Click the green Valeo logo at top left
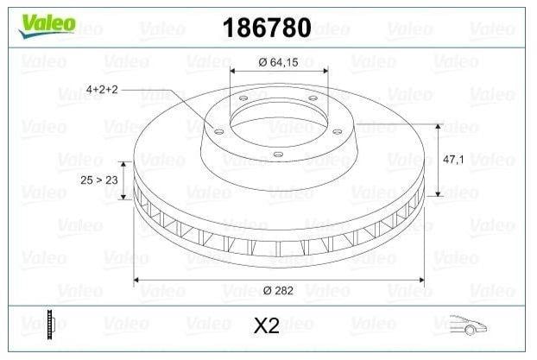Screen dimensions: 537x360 [x=47, y=26]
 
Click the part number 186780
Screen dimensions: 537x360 [x=267, y=28]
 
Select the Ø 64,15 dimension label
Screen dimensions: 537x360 [x=278, y=62]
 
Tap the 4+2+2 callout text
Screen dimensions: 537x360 [x=102, y=90]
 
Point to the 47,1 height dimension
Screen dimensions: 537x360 [x=453, y=159]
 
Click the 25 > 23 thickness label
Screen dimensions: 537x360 [x=99, y=180]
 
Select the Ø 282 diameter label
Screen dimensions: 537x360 [x=278, y=290]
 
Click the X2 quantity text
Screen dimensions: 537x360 [x=267, y=325]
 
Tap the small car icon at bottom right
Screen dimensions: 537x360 [x=468, y=325]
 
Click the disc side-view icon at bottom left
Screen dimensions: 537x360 [x=51, y=324]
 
